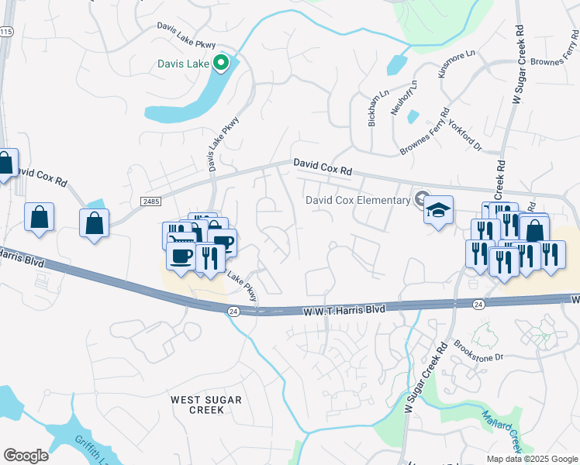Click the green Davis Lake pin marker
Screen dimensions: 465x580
point(223,64)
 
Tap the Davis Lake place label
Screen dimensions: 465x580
point(183,64)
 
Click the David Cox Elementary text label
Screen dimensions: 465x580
point(357,200)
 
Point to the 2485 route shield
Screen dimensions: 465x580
point(151,201)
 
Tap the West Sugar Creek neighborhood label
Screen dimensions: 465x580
point(206,405)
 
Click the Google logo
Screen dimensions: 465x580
point(26,456)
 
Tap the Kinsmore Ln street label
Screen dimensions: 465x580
point(456,64)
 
